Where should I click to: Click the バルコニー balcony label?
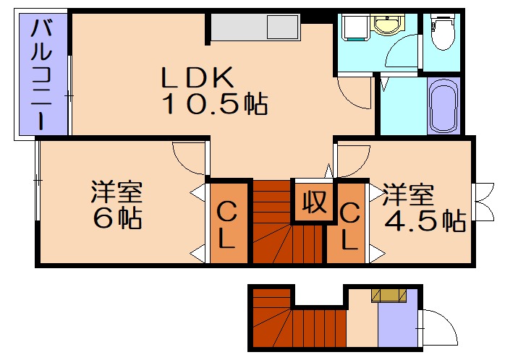[41, 75]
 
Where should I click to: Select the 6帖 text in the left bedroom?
[116, 218]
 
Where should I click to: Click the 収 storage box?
[313, 200]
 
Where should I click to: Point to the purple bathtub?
[442, 108]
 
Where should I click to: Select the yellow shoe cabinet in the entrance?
[390, 294]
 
